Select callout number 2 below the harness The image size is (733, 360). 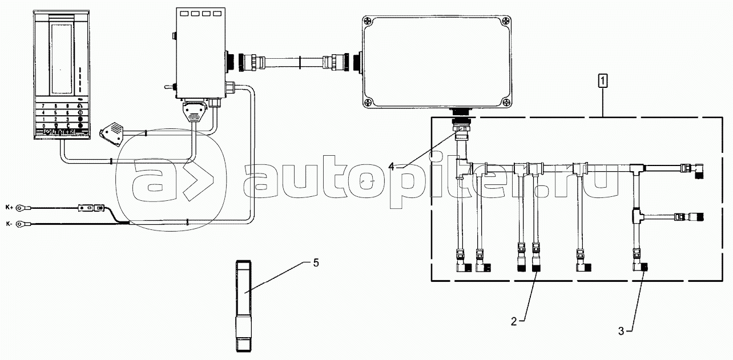point(514,321)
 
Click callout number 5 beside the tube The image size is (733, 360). point(315,263)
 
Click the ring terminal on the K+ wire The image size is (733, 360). point(22,208)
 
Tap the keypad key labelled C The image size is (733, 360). point(67,126)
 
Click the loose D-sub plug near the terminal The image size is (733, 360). point(112,133)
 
